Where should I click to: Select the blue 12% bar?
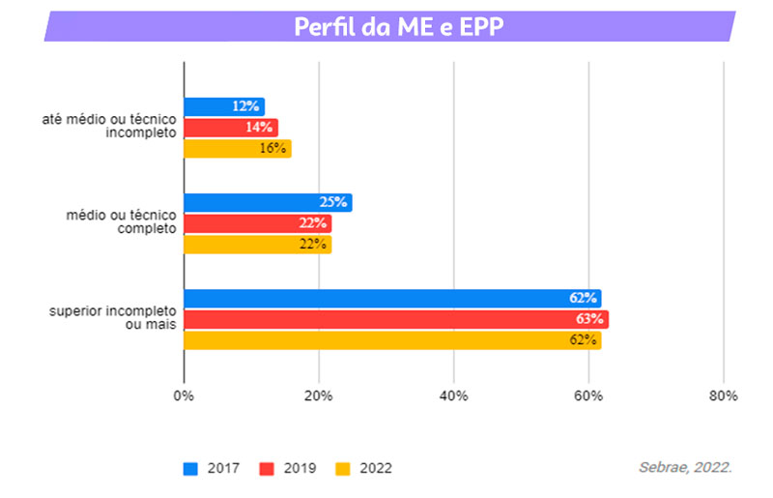(x=223, y=106)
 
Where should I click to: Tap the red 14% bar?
(x=230, y=127)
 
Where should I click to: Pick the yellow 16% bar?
(x=237, y=148)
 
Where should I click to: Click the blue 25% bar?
(x=268, y=202)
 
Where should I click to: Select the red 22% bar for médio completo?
(x=257, y=223)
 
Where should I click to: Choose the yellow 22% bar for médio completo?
(x=257, y=245)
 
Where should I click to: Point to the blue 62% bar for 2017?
(x=392, y=299)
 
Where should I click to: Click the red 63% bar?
(x=396, y=319)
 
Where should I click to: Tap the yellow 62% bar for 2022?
(x=392, y=340)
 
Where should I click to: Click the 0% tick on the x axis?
(x=184, y=395)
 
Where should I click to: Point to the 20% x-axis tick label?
(x=319, y=395)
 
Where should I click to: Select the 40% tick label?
(x=454, y=395)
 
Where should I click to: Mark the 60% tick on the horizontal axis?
(x=588, y=395)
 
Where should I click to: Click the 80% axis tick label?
(x=723, y=395)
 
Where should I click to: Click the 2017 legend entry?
(x=213, y=469)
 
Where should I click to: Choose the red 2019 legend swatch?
(x=267, y=469)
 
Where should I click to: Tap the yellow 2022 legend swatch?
(x=342, y=469)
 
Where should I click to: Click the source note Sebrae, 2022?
(x=684, y=467)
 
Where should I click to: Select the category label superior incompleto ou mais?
(x=112, y=319)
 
